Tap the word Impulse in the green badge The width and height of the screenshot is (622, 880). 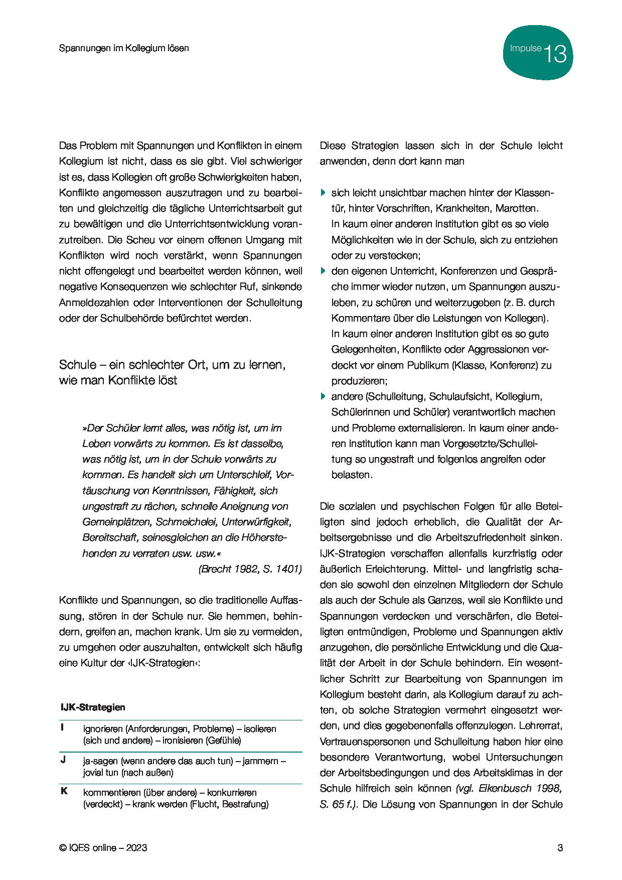pos(525,49)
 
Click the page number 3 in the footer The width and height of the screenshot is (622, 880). pos(560,847)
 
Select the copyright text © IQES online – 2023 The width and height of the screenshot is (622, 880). pos(103,847)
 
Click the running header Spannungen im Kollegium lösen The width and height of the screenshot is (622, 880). pos(124,48)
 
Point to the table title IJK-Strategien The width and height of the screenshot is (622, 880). pos(93,707)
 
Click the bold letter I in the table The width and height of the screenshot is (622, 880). pos(62,727)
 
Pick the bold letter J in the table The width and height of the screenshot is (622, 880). pos(63,760)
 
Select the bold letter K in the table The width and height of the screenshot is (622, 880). pos(64,791)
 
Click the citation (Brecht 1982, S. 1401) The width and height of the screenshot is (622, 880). pos(250,568)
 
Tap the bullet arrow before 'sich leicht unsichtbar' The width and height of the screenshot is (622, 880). pos(323,193)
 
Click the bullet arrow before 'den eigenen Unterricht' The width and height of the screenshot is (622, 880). pos(323,271)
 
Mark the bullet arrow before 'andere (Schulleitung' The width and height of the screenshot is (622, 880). pos(323,396)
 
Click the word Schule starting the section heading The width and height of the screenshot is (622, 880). pos(77,365)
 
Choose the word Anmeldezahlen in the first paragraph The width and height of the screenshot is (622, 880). pos(92,303)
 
